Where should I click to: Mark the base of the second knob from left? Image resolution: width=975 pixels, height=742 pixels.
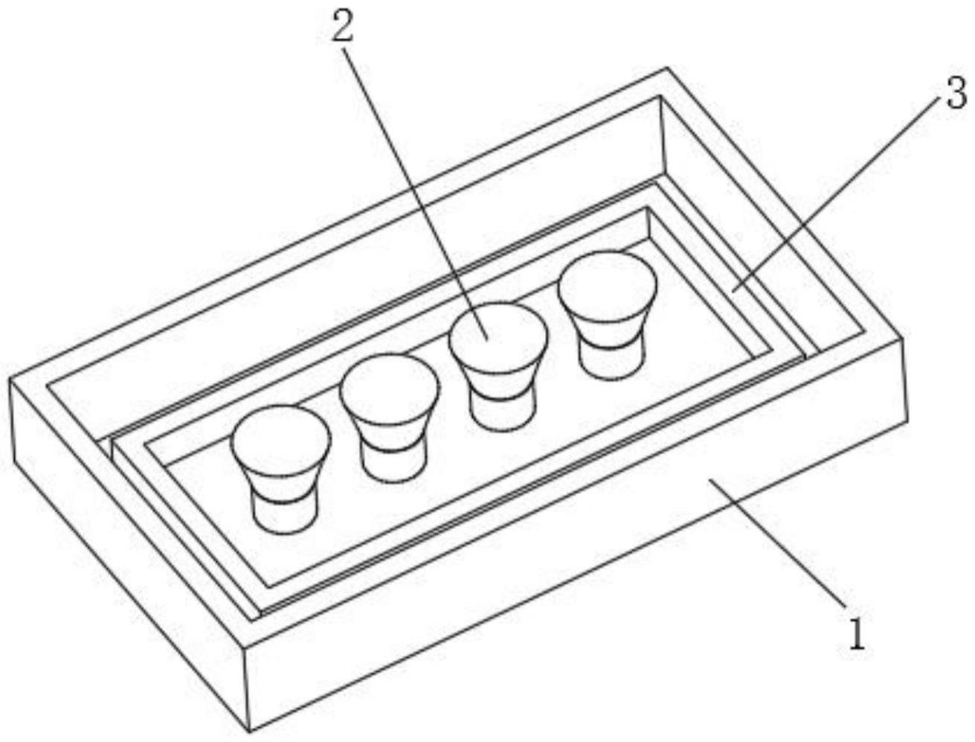pos(392,461)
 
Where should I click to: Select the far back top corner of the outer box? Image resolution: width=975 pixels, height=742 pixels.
pos(667,68)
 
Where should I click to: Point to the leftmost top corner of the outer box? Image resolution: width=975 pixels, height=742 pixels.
pos(10,378)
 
